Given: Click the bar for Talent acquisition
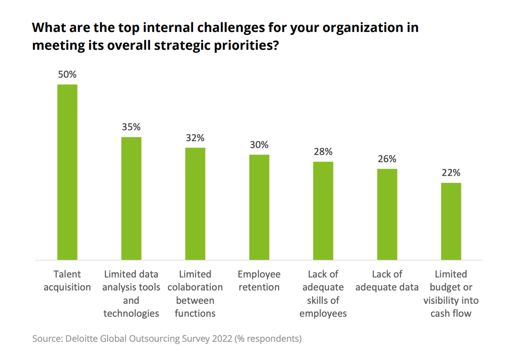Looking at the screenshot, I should tap(67, 172).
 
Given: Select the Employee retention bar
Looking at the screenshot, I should tap(259, 207).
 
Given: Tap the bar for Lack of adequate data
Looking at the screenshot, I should tap(387, 214).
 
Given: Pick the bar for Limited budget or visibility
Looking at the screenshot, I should tap(451, 221).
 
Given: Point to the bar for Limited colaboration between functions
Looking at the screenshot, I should tap(195, 204).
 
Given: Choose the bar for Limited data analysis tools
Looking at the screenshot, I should tap(131, 198).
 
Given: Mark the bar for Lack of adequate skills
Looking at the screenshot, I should tap(323, 211).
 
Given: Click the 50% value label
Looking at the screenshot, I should tap(67, 75).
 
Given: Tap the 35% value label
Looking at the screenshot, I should tap(131, 127).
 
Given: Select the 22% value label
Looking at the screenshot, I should tap(451, 173).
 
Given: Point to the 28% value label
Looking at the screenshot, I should tap(323, 152).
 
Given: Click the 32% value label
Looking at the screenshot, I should tap(195, 138).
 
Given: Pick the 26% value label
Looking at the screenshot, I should tap(387, 159).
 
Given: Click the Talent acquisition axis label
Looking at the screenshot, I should tap(67, 281).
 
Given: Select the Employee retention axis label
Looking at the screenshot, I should tap(259, 281).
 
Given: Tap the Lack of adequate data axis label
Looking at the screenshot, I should tap(387, 281).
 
